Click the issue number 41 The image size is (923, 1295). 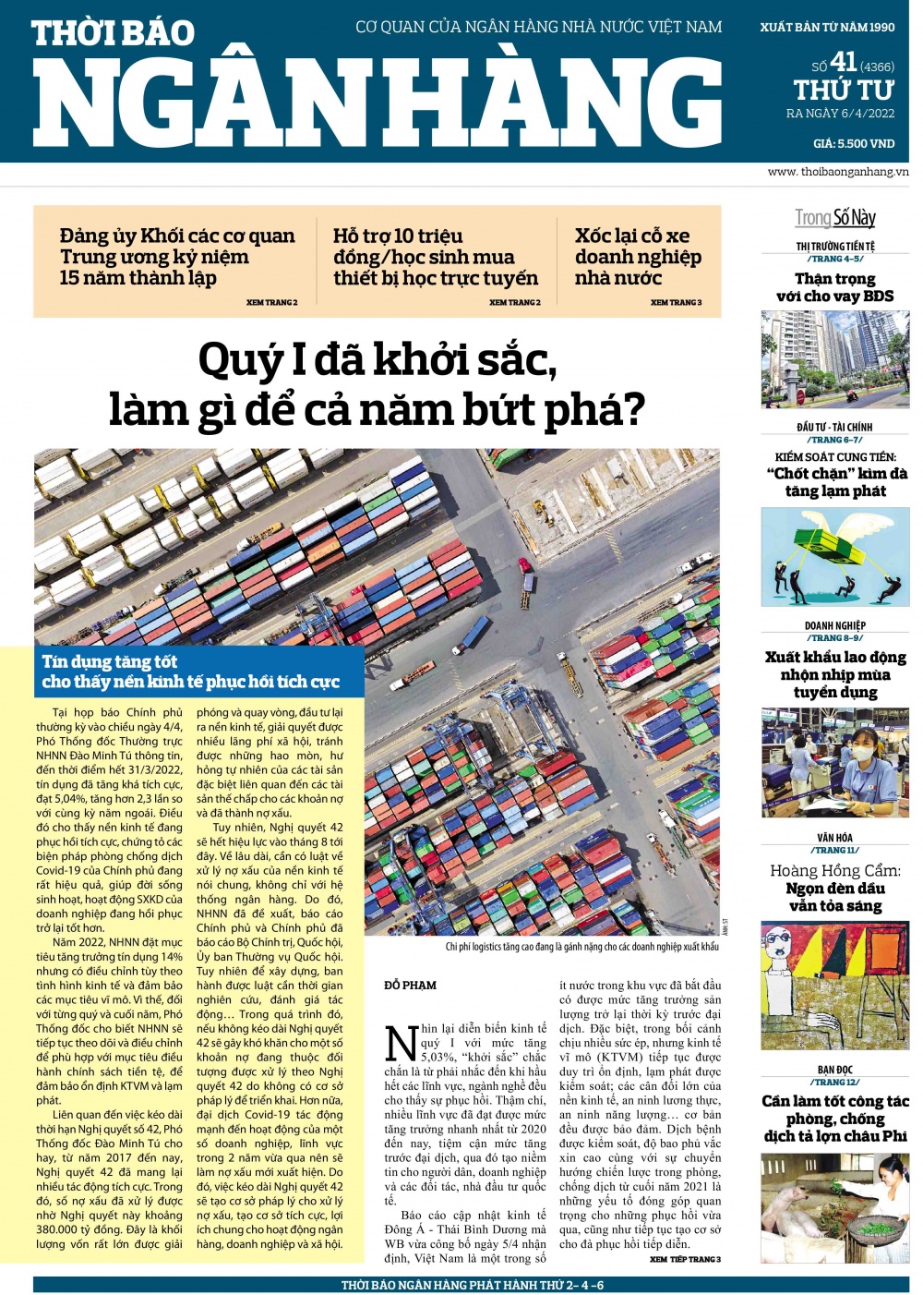coord(844,62)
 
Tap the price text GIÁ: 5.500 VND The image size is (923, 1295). coord(854,143)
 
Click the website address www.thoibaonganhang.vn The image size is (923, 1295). coord(837,172)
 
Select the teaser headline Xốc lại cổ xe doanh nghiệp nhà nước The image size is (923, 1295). coord(637,257)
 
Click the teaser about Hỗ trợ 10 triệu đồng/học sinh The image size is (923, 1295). coord(435,257)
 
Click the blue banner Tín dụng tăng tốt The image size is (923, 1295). coord(190,672)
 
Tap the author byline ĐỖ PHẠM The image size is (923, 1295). coord(411,986)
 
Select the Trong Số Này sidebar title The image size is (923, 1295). coord(835,218)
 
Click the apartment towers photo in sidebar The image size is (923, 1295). coord(835,359)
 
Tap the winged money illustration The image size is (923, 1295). coord(835,557)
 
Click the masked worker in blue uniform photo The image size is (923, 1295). coord(835,763)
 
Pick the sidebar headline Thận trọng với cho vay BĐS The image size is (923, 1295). coord(835,287)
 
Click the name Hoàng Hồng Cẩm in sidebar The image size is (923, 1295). coord(835,870)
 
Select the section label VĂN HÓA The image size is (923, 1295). coord(835,838)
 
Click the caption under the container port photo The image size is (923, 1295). coord(581,947)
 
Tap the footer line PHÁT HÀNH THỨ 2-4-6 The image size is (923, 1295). coord(472,1285)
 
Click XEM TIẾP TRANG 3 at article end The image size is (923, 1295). coord(685,1259)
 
